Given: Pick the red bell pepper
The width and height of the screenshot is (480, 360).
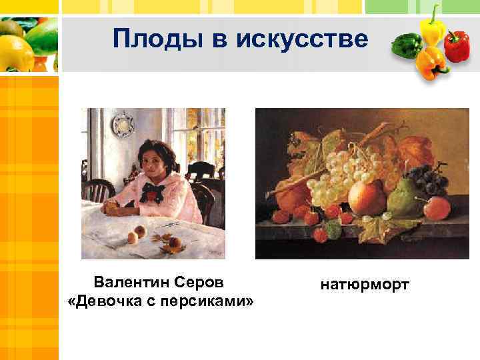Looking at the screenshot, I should tap(457, 46).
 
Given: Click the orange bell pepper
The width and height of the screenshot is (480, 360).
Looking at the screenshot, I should tap(431, 63).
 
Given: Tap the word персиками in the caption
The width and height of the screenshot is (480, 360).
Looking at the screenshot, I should tap(200, 301).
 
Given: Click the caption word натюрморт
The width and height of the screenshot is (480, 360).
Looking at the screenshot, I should tap(365, 285).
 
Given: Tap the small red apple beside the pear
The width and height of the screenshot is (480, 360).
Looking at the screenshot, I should tap(437, 208).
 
